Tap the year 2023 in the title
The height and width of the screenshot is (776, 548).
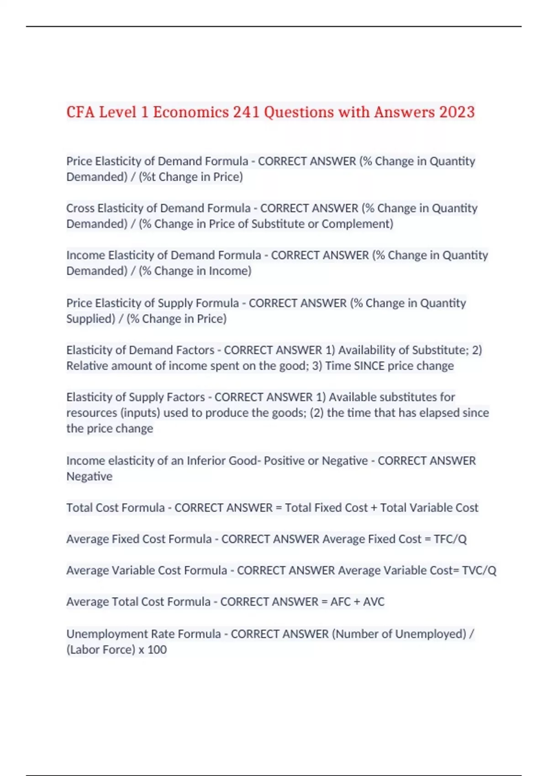pyautogui.click(x=457, y=112)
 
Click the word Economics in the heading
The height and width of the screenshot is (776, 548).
pyautogui.click(x=191, y=112)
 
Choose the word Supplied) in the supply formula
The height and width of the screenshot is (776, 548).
pyautogui.click(x=90, y=319)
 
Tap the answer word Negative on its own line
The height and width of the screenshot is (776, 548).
pyautogui.click(x=89, y=476)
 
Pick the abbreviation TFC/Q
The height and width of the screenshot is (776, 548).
pyautogui.click(x=450, y=539)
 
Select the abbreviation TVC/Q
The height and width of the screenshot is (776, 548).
pyautogui.click(x=479, y=571)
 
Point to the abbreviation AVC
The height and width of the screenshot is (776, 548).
pyautogui.click(x=374, y=602)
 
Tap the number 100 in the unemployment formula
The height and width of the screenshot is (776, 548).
pyautogui.click(x=157, y=650)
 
